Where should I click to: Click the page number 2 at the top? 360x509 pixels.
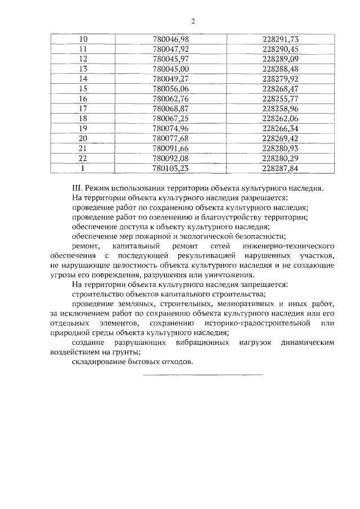pos(192,21)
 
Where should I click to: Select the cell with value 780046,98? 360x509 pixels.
pos(170,39)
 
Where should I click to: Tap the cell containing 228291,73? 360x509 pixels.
pos(280,39)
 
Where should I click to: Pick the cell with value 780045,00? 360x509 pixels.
pos(170,69)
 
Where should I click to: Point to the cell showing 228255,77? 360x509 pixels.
pos(280,98)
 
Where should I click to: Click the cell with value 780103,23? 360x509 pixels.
pos(170,168)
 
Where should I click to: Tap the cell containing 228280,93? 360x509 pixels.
pos(280,148)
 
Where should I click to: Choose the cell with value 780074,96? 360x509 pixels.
pos(170,128)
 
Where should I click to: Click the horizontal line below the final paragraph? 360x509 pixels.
pos(202,375)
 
